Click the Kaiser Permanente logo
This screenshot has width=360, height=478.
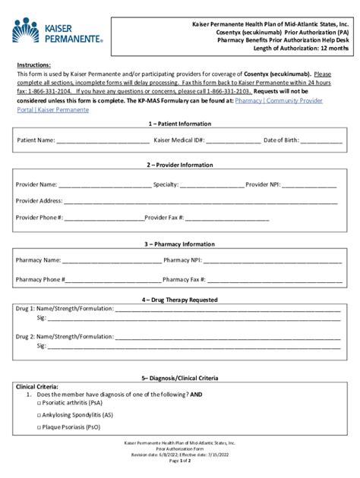coord(56,31)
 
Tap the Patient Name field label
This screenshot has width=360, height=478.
coord(36,140)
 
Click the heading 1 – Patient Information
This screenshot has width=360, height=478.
coord(180,123)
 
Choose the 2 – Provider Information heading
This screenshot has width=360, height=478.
coord(180,165)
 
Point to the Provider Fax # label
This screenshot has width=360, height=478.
coord(164,218)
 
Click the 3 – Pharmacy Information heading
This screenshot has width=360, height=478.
coord(180,244)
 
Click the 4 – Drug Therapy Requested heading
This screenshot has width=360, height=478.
coord(180,299)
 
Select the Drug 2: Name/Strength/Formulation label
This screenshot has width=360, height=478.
coord(58,335)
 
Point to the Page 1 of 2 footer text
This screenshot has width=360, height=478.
coord(180,461)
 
